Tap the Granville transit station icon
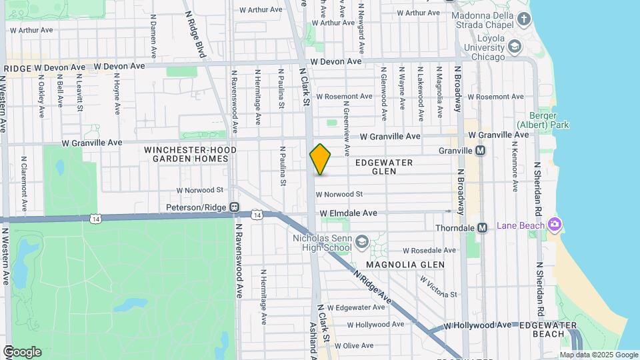click(480, 151)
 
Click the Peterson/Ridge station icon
click(234, 207)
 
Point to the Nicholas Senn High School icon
click(362, 241)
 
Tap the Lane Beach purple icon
click(553, 225)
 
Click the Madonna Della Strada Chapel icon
click(524, 19)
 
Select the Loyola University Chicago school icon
click(513, 46)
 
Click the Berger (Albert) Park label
click(543, 119)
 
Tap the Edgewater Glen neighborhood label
click(384, 167)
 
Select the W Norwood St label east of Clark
click(339, 195)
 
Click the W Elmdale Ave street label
click(348, 213)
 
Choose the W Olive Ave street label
click(354, 346)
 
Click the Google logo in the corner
click(22, 352)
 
